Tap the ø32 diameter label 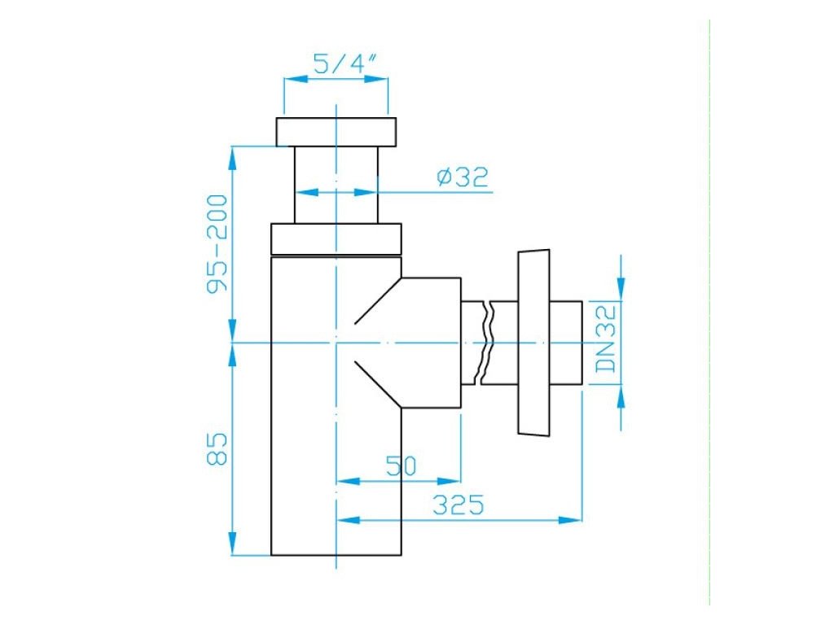(x=462, y=177)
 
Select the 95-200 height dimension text (x=217, y=244)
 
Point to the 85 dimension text (x=217, y=448)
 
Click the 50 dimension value (x=401, y=466)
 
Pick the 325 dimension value (x=458, y=505)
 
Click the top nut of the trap (x=336, y=132)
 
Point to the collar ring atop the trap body (x=336, y=239)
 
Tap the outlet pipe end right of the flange (x=567, y=342)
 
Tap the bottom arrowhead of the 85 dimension (x=233, y=544)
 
